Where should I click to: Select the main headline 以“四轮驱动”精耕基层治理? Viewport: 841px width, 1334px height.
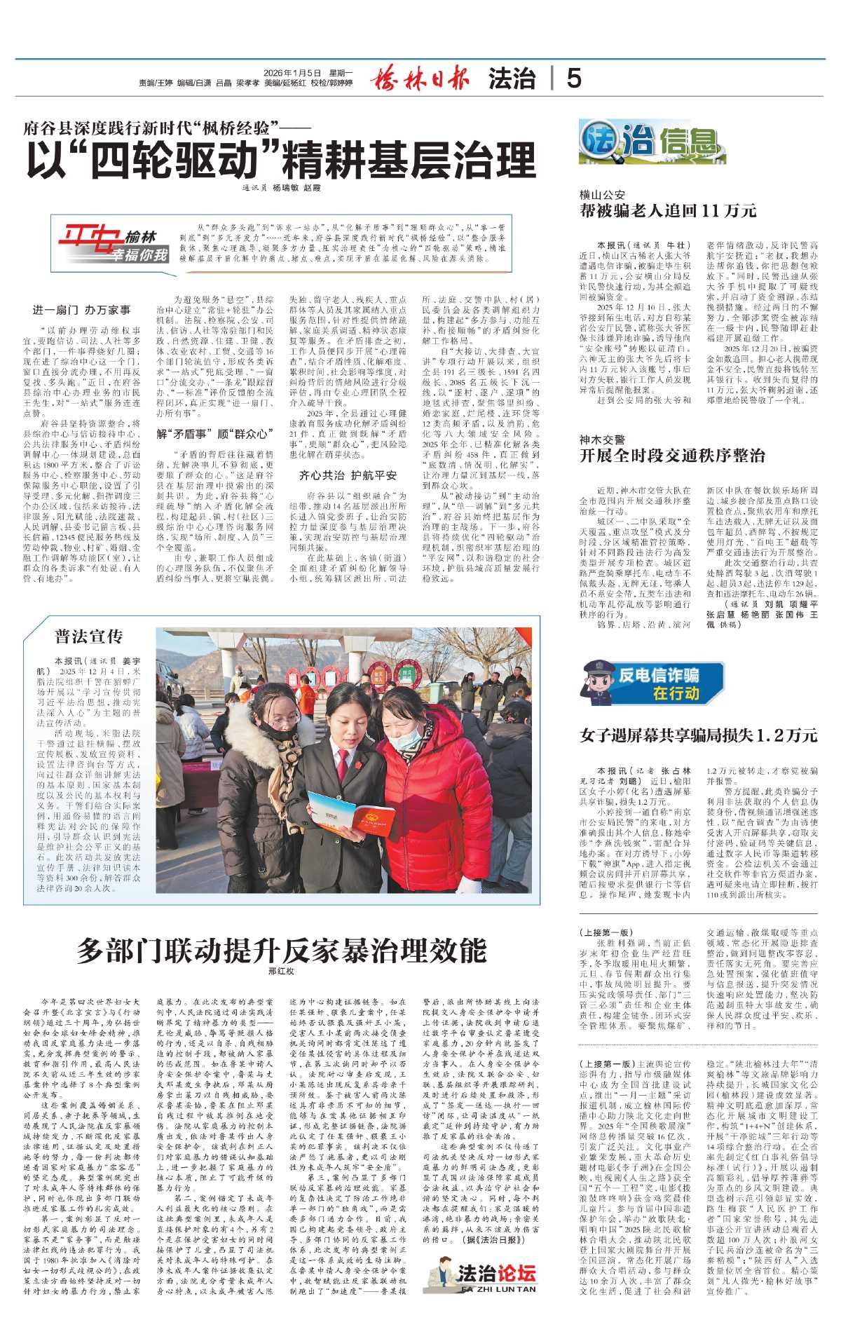click(281, 161)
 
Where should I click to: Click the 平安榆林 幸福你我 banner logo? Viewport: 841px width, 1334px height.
click(113, 245)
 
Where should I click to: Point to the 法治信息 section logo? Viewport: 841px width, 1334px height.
click(643, 142)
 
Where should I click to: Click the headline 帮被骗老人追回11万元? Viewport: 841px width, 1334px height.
click(668, 210)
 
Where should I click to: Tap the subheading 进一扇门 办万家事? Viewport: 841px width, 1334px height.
click(81, 309)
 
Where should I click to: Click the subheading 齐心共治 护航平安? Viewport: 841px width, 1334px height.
click(348, 475)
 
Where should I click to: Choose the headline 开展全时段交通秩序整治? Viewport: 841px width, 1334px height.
click(672, 456)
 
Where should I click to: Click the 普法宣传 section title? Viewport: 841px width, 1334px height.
click(89, 637)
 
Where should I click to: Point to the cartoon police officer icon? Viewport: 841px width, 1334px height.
click(598, 679)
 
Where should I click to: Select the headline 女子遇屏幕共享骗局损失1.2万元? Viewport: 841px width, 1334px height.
click(698, 735)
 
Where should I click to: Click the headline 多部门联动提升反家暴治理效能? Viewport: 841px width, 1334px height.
click(281, 951)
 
